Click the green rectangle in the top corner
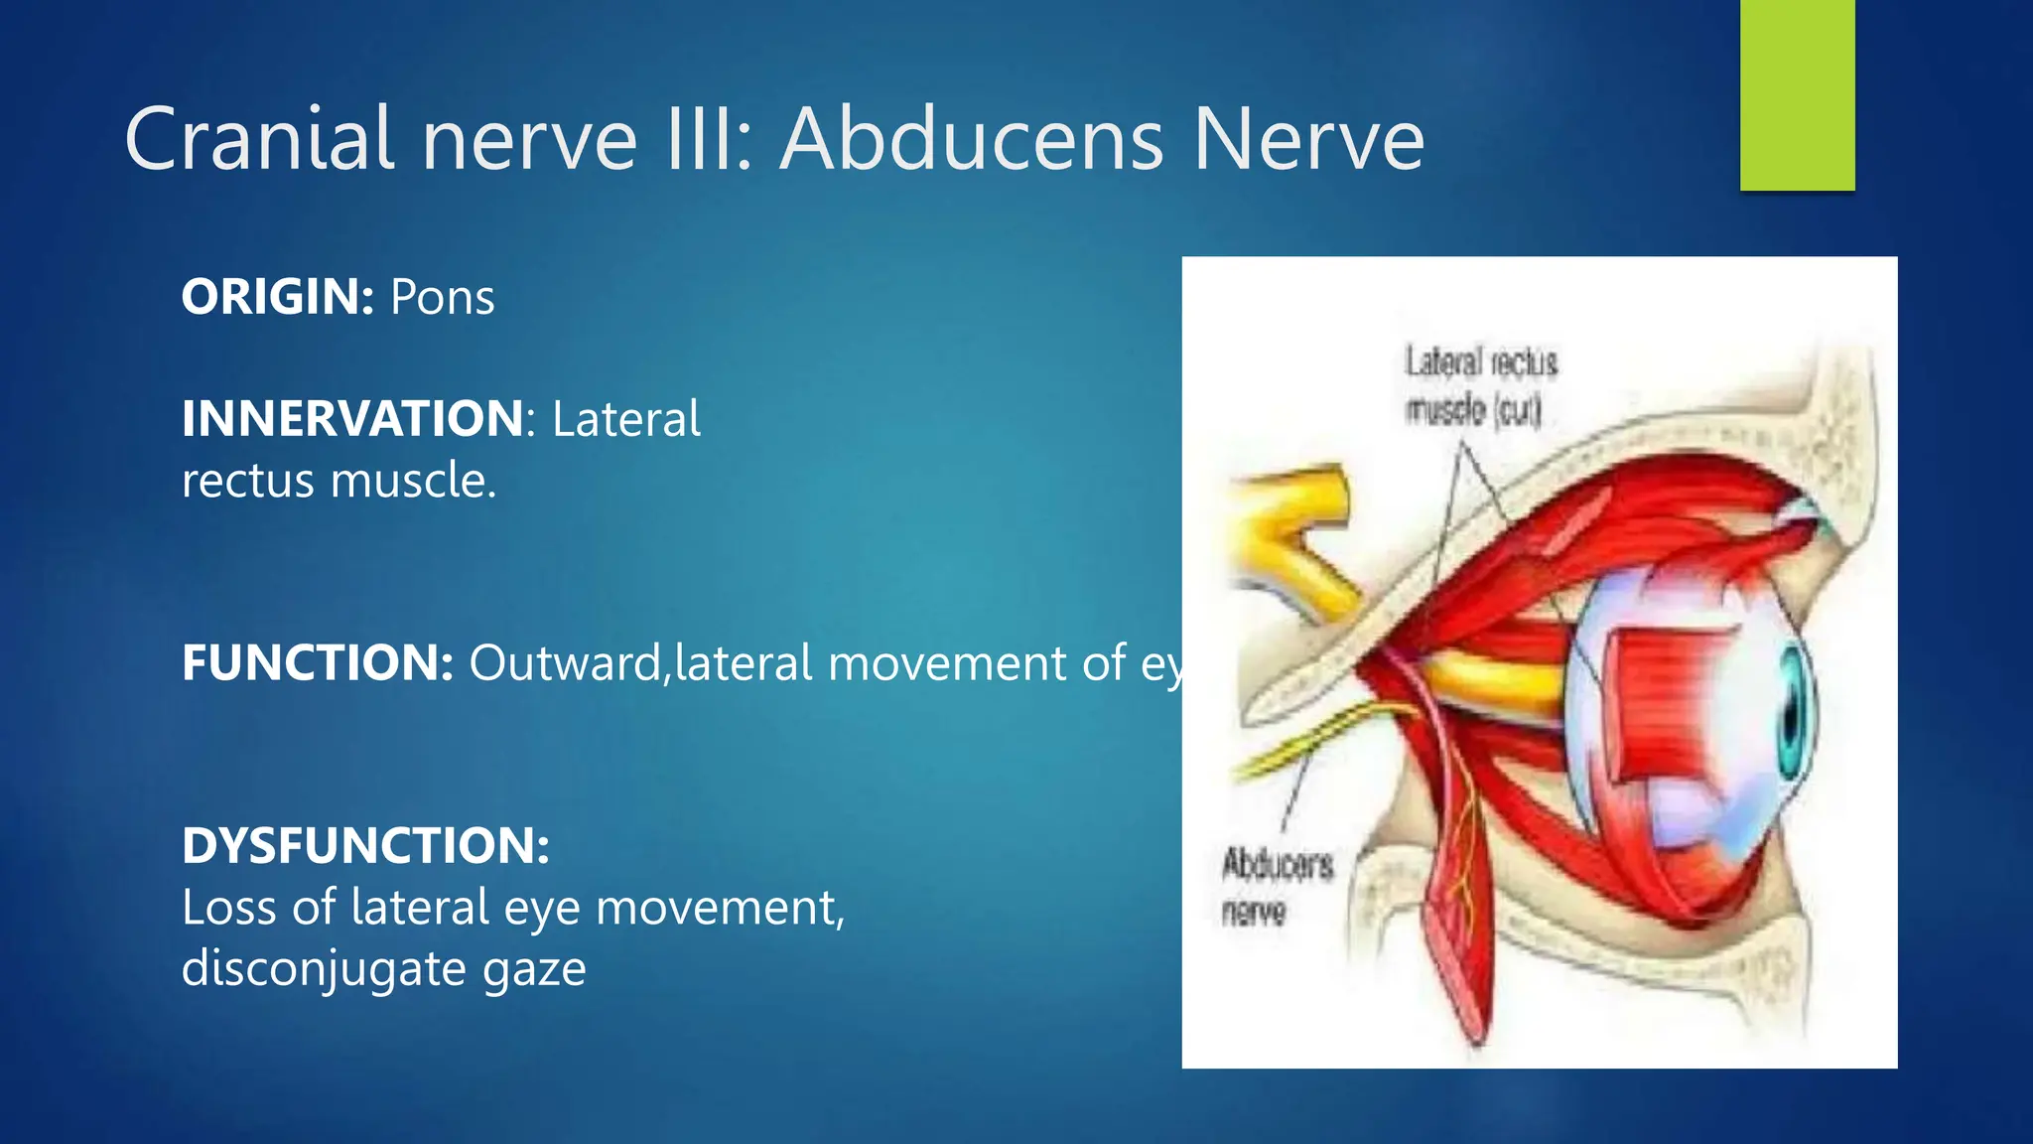point(1797,94)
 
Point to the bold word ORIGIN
point(276,297)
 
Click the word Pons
point(442,297)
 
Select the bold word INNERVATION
point(352,418)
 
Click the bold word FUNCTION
point(316,662)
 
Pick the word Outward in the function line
point(564,662)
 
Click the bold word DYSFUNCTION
point(364,846)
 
